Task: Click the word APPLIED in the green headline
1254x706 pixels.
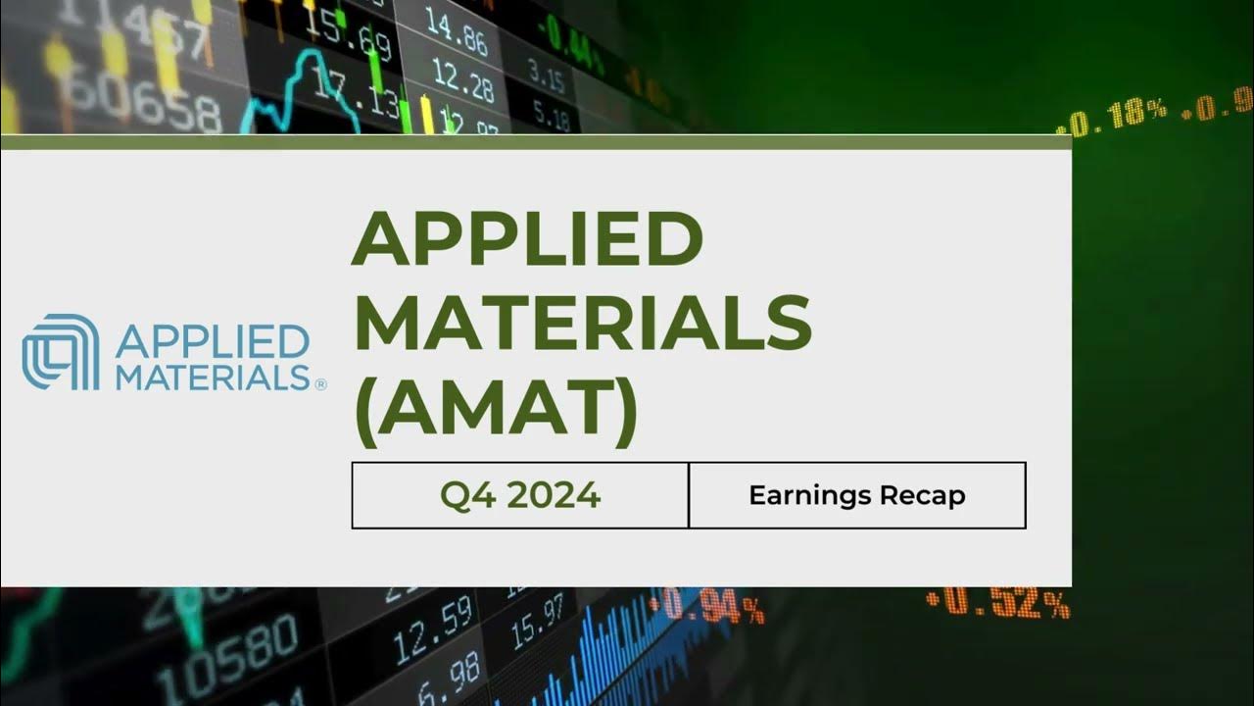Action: coord(527,239)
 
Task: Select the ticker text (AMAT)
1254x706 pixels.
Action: coord(494,410)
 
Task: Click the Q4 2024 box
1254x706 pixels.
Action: coord(520,495)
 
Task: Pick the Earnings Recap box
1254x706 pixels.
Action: coord(857,495)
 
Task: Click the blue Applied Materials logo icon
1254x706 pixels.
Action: coord(61,352)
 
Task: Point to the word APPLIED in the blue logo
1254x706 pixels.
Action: coord(212,342)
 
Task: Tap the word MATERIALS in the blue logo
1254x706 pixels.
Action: coord(214,377)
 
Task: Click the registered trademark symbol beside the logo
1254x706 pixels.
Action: coord(320,385)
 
